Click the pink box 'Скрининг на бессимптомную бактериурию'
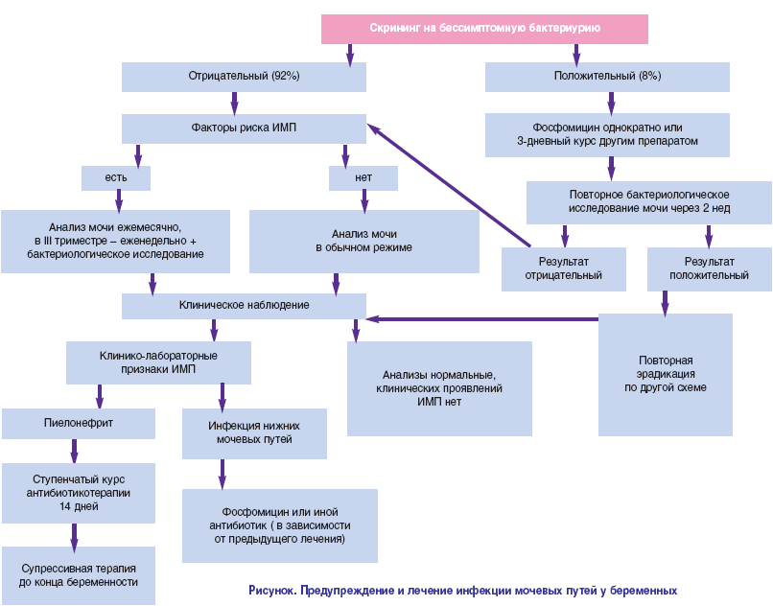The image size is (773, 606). tap(484, 29)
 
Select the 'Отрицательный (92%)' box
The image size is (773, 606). tap(244, 76)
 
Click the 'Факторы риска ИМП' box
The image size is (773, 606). tap(244, 128)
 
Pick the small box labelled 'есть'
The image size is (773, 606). tap(116, 178)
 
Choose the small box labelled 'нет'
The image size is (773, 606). tap(363, 178)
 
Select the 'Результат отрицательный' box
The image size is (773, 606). tap(564, 268)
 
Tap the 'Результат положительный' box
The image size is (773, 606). tap(709, 268)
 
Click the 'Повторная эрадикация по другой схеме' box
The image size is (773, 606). tap(666, 374)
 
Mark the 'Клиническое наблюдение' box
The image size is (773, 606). tap(244, 305)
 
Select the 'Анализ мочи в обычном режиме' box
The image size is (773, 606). tap(364, 241)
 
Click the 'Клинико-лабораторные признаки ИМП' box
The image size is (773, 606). tap(158, 363)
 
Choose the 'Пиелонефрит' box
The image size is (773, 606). tap(78, 421)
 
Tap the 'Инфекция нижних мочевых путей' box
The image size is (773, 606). tap(254, 432)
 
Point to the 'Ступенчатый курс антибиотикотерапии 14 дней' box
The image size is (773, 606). tap(78, 492)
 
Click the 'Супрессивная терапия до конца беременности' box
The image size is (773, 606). tap(78, 575)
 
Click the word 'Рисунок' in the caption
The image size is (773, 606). tap(272, 591)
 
